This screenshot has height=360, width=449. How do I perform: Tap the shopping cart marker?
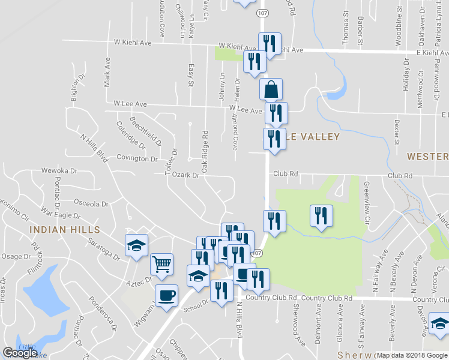click(x=162, y=263)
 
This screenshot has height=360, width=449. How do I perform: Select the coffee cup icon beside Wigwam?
click(x=166, y=295)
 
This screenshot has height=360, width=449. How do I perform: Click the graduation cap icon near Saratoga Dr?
click(x=137, y=245)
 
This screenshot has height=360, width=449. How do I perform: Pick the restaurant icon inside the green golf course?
click(x=321, y=215)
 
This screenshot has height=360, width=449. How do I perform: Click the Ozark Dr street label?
click(x=186, y=175)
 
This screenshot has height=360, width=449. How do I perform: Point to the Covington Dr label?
click(x=137, y=159)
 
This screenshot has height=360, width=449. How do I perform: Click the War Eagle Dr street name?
click(x=60, y=214)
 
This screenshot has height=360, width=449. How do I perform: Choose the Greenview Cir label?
click(x=366, y=202)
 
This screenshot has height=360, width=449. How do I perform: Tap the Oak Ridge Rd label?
click(x=205, y=152)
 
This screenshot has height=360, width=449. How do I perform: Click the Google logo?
click(x=20, y=353)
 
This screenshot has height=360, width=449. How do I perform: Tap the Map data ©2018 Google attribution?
click(x=412, y=355)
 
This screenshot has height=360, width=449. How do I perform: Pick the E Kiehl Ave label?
click(x=424, y=53)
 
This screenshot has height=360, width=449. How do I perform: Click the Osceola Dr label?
click(x=92, y=203)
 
